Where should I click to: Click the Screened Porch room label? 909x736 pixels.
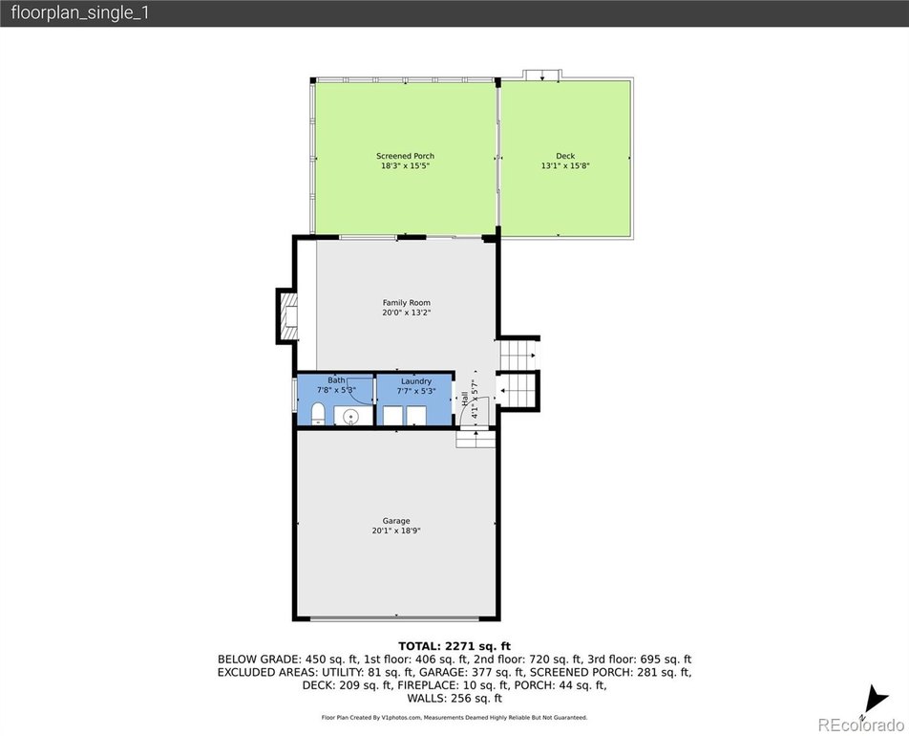tap(405, 156)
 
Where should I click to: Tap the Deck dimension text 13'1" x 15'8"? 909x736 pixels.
tap(565, 165)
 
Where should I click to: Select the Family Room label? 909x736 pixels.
tap(406, 302)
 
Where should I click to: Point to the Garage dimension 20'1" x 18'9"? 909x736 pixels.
tap(396, 530)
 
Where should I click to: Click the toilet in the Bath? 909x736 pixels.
tap(318, 415)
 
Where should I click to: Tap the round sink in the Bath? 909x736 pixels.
tap(350, 416)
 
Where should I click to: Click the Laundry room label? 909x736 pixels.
tap(416, 381)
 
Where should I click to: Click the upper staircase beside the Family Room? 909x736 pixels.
tap(518, 355)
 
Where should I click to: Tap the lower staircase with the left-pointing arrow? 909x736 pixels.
tap(518, 390)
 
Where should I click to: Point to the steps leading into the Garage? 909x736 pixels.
tap(476, 439)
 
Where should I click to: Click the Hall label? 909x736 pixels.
tap(464, 399)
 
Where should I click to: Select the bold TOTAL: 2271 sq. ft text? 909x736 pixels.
tap(454, 646)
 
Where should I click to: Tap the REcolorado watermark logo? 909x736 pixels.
tap(860, 725)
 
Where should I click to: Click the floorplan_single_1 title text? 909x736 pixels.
tap(80, 12)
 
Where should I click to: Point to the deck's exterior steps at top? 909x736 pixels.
tap(542, 75)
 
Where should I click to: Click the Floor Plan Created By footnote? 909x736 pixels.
tap(454, 718)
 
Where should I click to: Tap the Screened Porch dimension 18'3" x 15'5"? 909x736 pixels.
tap(405, 165)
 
